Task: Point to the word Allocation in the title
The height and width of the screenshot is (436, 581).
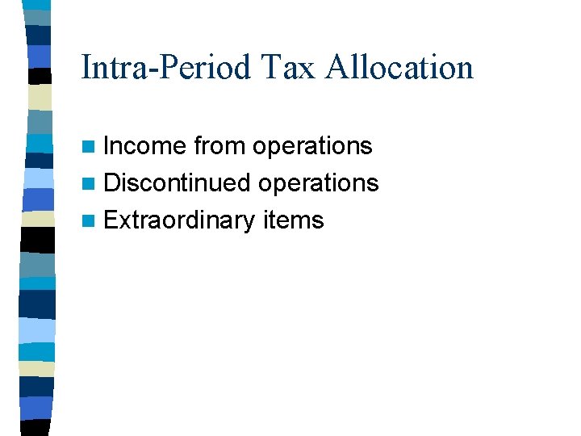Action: [399, 67]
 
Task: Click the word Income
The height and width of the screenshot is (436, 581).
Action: [144, 146]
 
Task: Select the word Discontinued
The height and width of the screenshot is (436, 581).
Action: [178, 183]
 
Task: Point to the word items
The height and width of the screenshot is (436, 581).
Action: [294, 220]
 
